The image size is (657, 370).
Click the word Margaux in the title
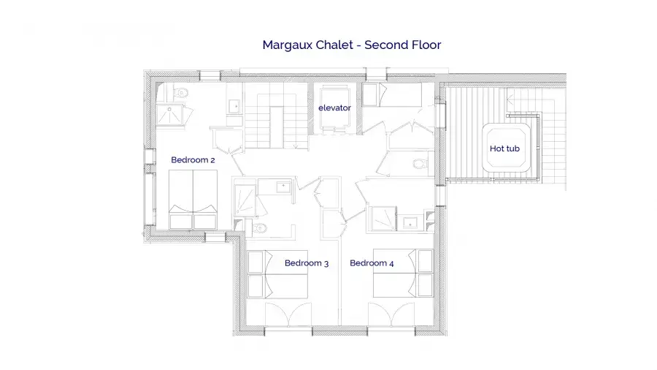coord(288,45)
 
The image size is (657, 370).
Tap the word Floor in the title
coord(427,45)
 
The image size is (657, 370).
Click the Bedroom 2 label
coord(193,160)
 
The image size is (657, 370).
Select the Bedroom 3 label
coord(307,263)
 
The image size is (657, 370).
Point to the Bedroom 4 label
coord(372,263)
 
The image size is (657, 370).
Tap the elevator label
coord(334,107)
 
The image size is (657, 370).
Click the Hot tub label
coord(504,148)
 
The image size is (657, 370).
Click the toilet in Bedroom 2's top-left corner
coord(181,92)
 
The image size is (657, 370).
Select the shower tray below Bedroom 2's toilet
coord(169,115)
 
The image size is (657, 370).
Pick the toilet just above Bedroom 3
coord(260,228)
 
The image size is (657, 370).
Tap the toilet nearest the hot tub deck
coord(420,164)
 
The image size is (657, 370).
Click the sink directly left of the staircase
coord(234,107)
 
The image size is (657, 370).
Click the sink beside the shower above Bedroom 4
coord(410,223)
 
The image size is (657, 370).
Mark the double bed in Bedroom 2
coord(193,200)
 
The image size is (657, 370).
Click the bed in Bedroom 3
coord(277,274)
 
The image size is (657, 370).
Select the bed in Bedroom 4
coord(403,273)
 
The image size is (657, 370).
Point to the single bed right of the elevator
coord(392,95)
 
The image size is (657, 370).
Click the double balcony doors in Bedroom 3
coord(288,314)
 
